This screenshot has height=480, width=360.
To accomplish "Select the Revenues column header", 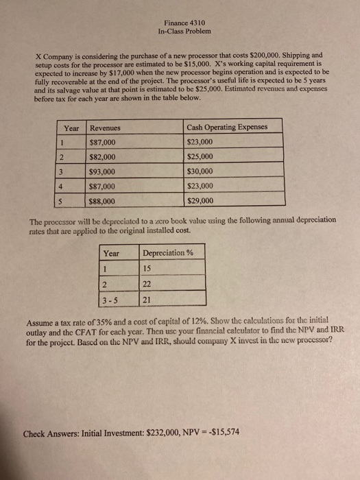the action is coord(106,128).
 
